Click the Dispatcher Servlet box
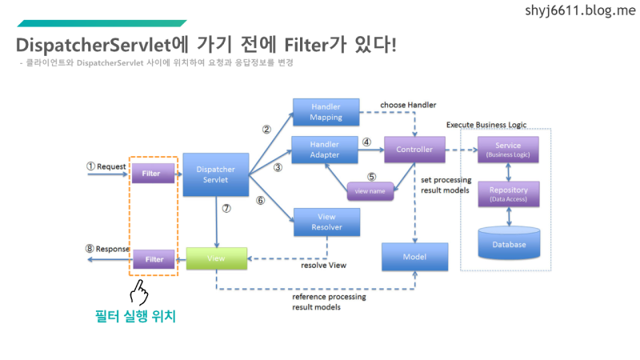[x=217, y=174]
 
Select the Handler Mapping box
[x=326, y=111]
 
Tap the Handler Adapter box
[x=326, y=149]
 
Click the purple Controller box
[x=414, y=149]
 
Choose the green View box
[x=216, y=259]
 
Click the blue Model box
[x=414, y=257]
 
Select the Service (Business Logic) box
[x=508, y=150]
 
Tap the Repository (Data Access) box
[x=508, y=194]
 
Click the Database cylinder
[x=509, y=243]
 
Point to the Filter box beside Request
[x=152, y=172]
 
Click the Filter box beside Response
[x=153, y=259]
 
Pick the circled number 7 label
[x=226, y=208]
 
